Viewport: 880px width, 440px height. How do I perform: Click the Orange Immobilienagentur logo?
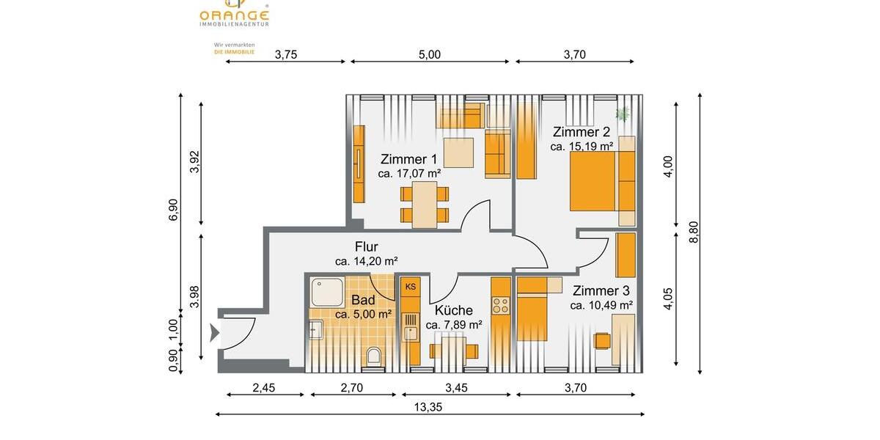pyautogui.click(x=234, y=13)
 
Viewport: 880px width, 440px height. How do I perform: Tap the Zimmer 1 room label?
pyautogui.click(x=408, y=159)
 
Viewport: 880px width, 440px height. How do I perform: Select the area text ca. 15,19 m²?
pyautogui.click(x=582, y=147)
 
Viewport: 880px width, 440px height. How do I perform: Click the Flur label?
pyautogui.click(x=366, y=246)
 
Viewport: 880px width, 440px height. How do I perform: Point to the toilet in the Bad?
pyautogui.click(x=373, y=357)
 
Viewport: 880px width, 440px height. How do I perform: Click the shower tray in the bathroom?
pyautogui.click(x=326, y=293)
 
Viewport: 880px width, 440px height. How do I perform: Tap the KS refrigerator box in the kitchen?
pyautogui.click(x=410, y=286)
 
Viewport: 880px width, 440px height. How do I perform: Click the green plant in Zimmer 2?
pyautogui.click(x=623, y=114)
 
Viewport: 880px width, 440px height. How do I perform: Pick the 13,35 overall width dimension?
pyautogui.click(x=429, y=407)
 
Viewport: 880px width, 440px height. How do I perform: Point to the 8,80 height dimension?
pyautogui.click(x=694, y=232)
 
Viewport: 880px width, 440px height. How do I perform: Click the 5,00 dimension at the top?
pyautogui.click(x=429, y=54)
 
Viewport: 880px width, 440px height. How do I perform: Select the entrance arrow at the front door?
pyautogui.click(x=214, y=334)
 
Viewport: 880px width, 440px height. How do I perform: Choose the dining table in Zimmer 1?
pyautogui.click(x=424, y=205)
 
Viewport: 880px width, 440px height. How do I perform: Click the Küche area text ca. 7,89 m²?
pyautogui.click(x=453, y=325)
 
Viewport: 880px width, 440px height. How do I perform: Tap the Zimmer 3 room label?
pyautogui.click(x=601, y=291)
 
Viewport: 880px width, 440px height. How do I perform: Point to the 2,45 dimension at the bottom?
pyautogui.click(x=263, y=388)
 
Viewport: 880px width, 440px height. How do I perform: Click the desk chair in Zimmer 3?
pyautogui.click(x=601, y=341)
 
